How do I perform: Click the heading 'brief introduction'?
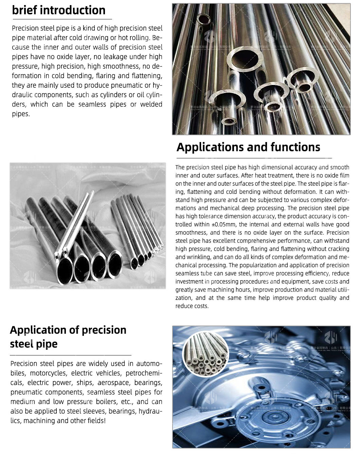click(x=58, y=10)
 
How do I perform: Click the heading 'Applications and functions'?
click(x=248, y=147)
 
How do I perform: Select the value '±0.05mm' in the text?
click(x=226, y=224)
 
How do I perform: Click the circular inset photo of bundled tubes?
click(x=206, y=354)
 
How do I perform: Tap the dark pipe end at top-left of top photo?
click(x=204, y=18)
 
